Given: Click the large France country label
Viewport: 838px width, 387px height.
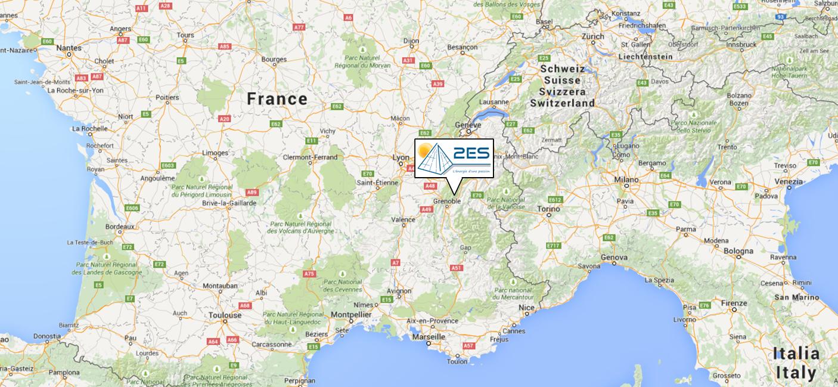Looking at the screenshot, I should (277, 99).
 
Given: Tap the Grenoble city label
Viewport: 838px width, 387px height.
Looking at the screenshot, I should (446, 202).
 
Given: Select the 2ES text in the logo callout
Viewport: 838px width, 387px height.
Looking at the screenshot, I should (470, 154).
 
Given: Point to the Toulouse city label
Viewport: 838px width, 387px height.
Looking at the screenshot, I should (225, 315).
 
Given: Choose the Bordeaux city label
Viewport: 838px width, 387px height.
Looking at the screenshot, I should (119, 227).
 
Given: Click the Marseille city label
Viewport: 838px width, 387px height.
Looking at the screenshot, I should (428, 337).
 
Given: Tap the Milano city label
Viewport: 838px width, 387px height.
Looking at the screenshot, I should (626, 179).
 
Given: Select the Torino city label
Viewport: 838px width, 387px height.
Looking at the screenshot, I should (548, 209).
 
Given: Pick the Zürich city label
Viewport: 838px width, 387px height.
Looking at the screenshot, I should (593, 36).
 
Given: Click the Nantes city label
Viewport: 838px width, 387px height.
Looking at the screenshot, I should (69, 48).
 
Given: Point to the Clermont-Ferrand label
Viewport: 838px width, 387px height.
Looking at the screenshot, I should (310, 157).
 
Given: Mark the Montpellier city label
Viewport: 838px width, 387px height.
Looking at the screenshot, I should (352, 314).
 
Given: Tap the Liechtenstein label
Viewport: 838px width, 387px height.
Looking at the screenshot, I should (645, 57).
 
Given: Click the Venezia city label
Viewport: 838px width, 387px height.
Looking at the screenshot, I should (789, 181).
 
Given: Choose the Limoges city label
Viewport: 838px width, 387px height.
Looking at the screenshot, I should (215, 153).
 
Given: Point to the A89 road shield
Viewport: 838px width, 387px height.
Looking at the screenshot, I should (252, 192).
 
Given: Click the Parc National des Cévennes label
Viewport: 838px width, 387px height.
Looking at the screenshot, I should (342, 285).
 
